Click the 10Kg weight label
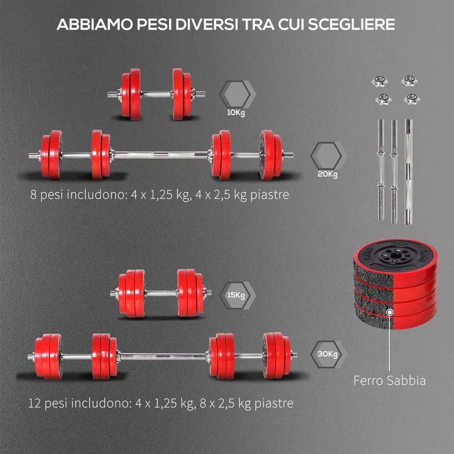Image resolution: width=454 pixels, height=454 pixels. point(236,112)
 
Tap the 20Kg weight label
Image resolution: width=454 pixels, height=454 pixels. point(327,174)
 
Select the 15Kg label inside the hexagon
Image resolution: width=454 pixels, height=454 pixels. point(236,295)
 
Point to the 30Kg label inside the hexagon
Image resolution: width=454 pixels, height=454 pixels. point(327,354)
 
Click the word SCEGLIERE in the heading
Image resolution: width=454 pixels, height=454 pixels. point(351,24)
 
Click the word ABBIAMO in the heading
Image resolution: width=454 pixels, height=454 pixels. point(95,24)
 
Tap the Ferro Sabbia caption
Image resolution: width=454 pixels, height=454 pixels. point(389,380)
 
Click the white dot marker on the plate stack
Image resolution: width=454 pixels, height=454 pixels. point(390,312)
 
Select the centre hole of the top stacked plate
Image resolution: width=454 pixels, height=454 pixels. point(394,256)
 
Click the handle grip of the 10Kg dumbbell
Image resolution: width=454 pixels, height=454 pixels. point(157,94)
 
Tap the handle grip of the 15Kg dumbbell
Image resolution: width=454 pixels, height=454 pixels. point(161,293)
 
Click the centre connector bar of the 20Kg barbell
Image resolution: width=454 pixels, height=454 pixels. point(161,155)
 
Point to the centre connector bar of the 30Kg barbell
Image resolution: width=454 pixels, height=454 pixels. point(163,356)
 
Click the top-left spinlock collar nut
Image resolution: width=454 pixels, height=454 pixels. point(380,81)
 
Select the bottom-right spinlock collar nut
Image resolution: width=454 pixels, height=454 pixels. point(412,99)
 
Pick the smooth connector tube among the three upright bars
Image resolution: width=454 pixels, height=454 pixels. point(409,172)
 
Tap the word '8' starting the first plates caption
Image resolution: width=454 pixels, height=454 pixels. point(33,194)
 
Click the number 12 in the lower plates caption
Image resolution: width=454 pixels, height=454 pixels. point(35,403)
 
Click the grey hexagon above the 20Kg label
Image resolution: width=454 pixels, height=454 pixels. point(326,155)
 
